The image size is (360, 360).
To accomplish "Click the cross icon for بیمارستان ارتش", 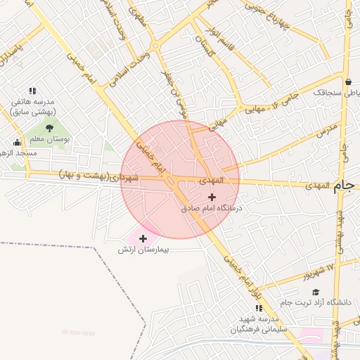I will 143,238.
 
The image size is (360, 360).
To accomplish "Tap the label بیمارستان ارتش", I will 143,250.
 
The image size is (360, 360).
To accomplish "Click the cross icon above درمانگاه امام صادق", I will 212,197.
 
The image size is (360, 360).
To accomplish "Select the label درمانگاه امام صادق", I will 212,208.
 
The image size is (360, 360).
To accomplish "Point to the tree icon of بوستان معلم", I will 49,127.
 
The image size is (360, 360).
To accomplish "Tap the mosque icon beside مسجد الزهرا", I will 8,153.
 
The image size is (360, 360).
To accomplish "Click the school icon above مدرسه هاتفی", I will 32,91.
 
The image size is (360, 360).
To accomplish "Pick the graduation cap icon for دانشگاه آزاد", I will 316,292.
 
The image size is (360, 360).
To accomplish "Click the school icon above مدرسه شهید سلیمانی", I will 259,308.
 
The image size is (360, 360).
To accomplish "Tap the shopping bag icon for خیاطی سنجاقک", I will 349,82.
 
